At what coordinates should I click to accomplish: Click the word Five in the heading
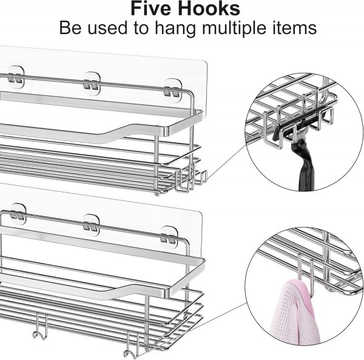point(152,8)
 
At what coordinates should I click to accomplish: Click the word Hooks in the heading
point(209,8)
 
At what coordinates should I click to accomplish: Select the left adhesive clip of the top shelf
point(16,77)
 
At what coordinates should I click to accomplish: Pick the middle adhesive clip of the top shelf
point(92,83)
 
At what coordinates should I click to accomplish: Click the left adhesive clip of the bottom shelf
point(18,214)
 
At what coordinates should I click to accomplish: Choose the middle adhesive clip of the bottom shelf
point(91,225)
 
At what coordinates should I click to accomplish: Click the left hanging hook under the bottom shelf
point(41,327)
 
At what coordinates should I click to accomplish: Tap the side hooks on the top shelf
point(190,179)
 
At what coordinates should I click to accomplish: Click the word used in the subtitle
point(107,28)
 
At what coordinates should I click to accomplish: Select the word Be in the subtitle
point(70,28)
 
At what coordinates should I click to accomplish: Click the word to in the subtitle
point(141,29)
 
